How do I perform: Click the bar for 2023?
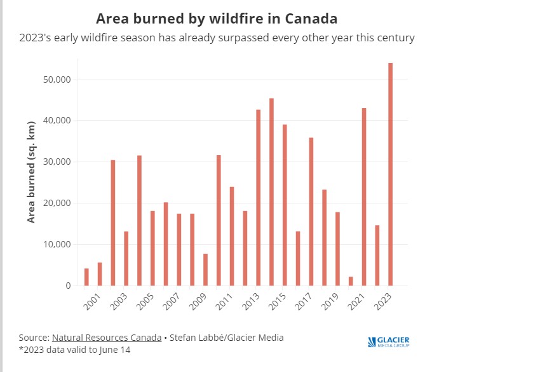(390, 174)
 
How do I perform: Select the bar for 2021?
(364, 197)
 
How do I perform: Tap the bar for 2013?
(259, 198)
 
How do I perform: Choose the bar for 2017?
(311, 212)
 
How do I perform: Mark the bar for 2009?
(205, 270)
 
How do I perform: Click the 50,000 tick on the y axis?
(55, 79)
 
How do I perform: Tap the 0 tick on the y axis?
(67, 286)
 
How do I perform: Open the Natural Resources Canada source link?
(106, 338)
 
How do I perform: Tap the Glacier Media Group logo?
(389, 342)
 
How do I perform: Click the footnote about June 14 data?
(75, 350)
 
